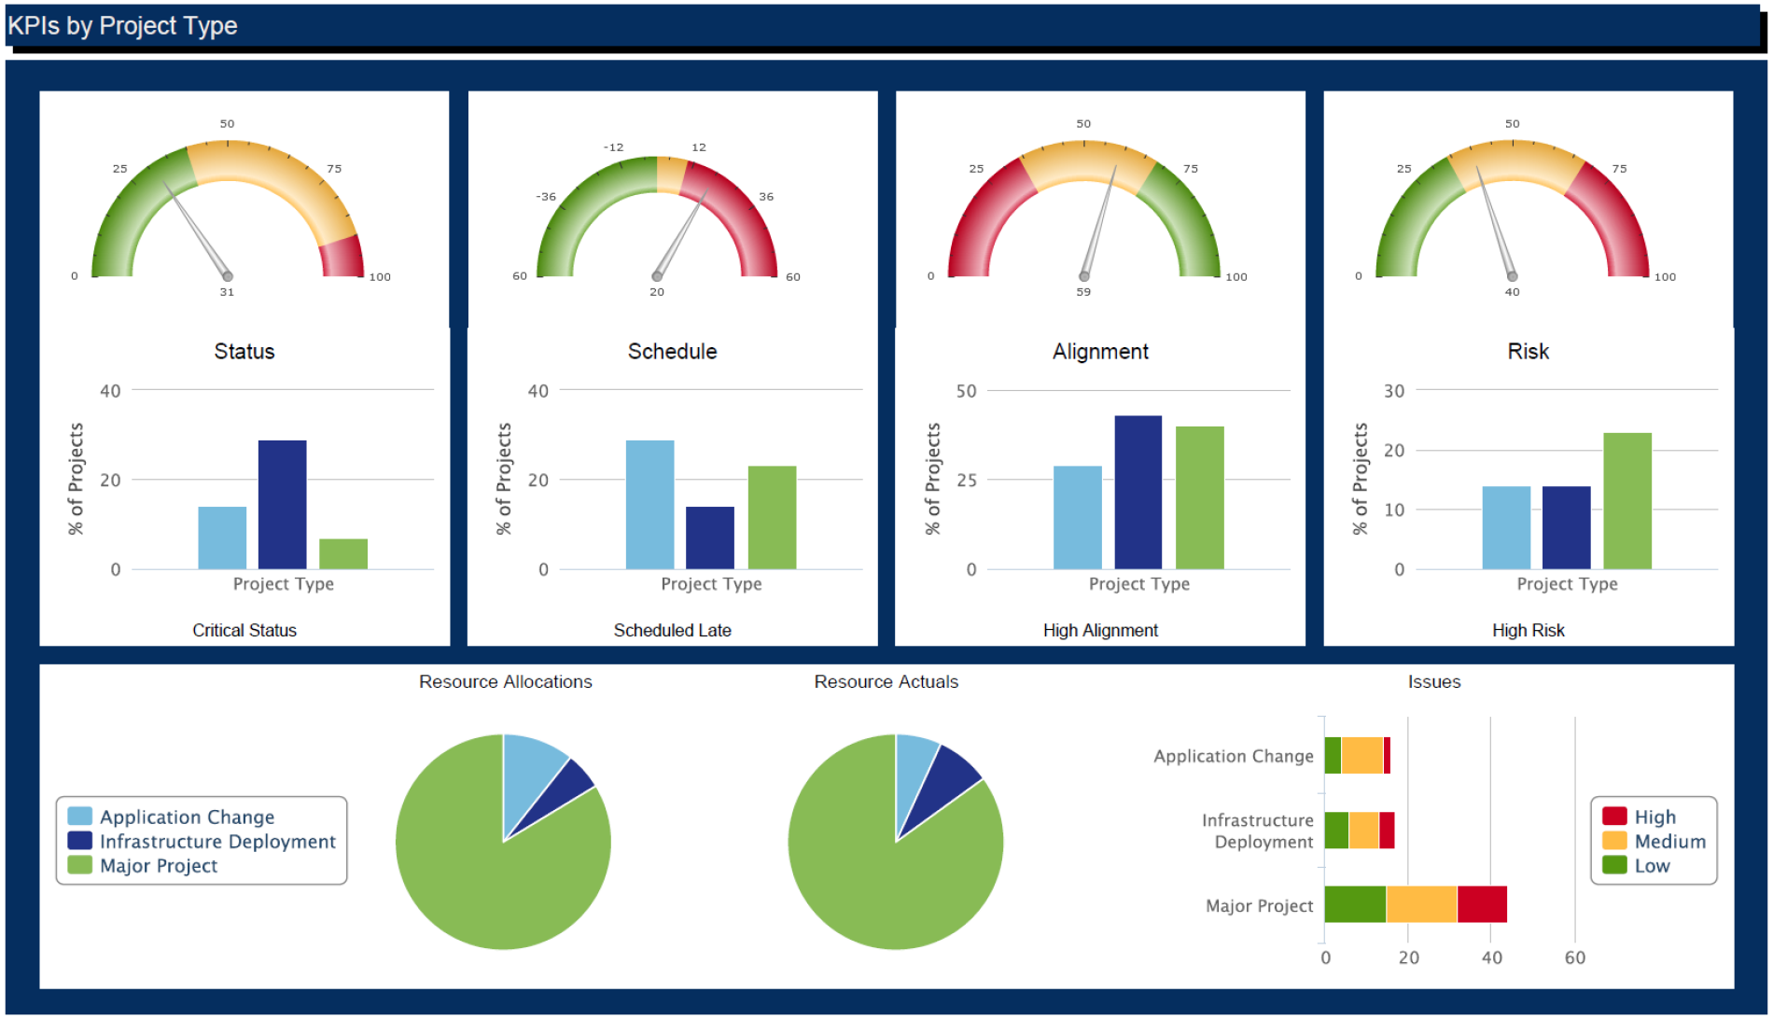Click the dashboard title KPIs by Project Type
tap(122, 26)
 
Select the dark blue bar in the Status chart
tap(282, 504)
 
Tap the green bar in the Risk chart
tap(1626, 500)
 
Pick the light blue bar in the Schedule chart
tap(649, 504)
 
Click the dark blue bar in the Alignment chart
tap(1138, 492)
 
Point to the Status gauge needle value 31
tap(227, 292)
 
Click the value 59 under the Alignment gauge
tap(1083, 292)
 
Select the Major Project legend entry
tap(159, 866)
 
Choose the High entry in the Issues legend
tap(1654, 817)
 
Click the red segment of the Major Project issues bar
tap(1482, 904)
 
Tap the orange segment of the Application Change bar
tap(1361, 755)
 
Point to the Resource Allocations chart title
tap(505, 682)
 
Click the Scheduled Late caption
tap(672, 631)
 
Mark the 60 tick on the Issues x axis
tap(1574, 957)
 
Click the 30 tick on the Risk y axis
tap(1393, 391)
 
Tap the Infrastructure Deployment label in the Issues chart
tap(1257, 831)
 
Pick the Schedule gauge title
tap(672, 352)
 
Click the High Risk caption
tap(1528, 631)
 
